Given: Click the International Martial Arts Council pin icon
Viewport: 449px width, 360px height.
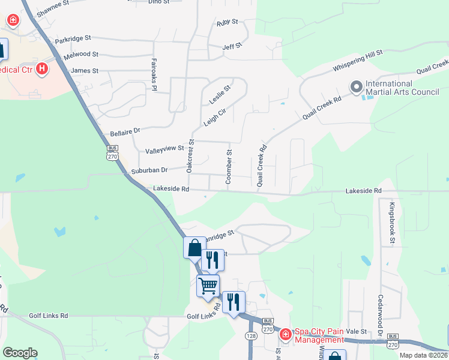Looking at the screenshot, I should [356, 88].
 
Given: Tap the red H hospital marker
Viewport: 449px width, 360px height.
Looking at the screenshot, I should [41, 69].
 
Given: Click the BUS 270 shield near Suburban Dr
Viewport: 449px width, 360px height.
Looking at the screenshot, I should [112, 152].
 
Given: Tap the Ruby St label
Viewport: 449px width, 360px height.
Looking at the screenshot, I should [228, 23].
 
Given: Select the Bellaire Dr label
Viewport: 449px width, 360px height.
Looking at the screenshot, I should [125, 131].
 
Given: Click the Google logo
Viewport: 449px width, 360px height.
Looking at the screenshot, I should [20, 353].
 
